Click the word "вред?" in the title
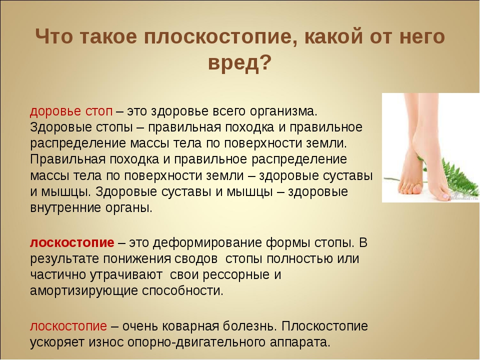point(239,63)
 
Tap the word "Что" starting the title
point(54,36)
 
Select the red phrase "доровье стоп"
point(71,111)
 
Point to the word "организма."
point(284,111)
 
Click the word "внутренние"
point(66,208)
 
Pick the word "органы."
point(129,208)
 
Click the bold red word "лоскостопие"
point(72,242)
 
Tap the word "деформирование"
point(207,242)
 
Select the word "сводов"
point(196,258)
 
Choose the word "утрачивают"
point(126,275)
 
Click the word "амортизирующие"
point(84,290)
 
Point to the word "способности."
point(183,291)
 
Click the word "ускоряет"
point(57,342)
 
